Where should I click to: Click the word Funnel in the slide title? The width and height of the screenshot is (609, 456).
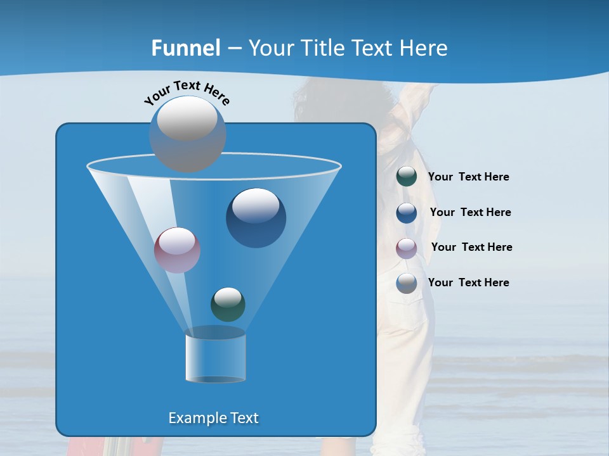click(x=186, y=48)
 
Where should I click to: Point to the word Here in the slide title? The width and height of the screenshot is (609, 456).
click(x=424, y=48)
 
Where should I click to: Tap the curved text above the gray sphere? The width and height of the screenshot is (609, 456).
click(x=187, y=92)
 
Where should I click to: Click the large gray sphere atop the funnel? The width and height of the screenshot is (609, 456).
click(x=188, y=134)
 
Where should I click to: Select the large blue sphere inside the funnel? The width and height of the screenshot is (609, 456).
click(x=256, y=218)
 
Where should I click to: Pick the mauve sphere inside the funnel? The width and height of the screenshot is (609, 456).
click(x=177, y=250)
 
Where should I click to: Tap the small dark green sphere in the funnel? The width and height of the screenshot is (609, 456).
click(x=228, y=304)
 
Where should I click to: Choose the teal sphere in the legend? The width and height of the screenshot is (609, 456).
click(x=407, y=177)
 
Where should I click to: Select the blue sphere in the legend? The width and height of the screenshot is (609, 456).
click(x=407, y=213)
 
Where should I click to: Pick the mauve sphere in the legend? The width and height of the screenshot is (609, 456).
click(x=407, y=248)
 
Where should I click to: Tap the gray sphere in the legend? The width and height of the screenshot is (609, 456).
click(x=407, y=283)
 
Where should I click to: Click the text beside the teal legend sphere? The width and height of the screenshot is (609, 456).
click(x=468, y=177)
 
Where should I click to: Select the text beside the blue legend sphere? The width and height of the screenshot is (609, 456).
click(x=470, y=213)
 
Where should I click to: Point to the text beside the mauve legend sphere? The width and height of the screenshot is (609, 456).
click(x=471, y=248)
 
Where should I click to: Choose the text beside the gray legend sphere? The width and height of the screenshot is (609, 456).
click(x=468, y=283)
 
